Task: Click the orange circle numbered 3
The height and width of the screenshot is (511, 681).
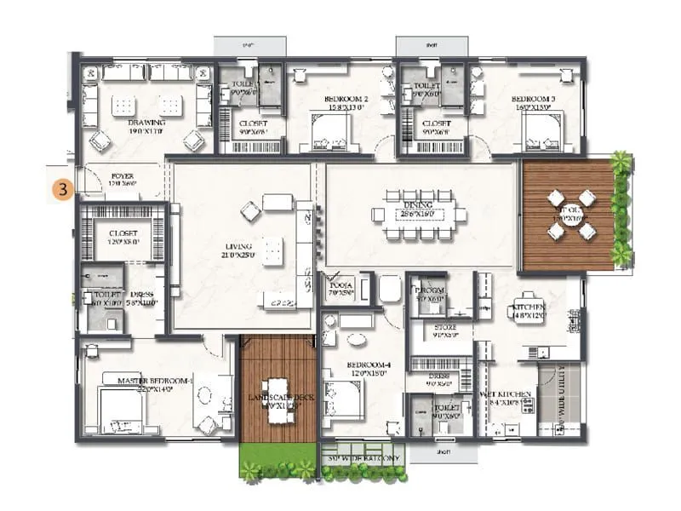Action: click(x=63, y=187)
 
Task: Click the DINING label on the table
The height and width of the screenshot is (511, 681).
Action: click(x=419, y=205)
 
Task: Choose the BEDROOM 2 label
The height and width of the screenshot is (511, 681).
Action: click(x=347, y=100)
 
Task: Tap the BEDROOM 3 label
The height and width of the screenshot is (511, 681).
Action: click(x=536, y=100)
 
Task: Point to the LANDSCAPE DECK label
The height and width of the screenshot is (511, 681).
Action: click(x=275, y=399)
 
